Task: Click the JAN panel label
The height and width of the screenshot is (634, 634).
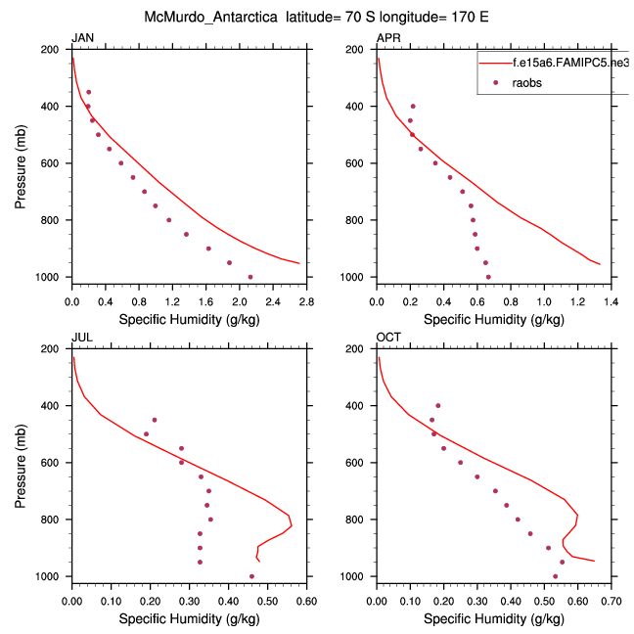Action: point(82,38)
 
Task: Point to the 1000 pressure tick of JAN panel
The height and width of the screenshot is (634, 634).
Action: point(50,278)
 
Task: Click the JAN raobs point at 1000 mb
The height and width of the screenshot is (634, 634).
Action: point(250,277)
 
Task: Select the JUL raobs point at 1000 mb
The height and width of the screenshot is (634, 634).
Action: point(251,576)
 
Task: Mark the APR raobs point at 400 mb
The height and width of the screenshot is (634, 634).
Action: point(413,106)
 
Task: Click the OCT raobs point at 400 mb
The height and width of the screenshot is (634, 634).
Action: point(438,405)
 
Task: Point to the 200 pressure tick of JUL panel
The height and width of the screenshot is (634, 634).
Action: point(54,348)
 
